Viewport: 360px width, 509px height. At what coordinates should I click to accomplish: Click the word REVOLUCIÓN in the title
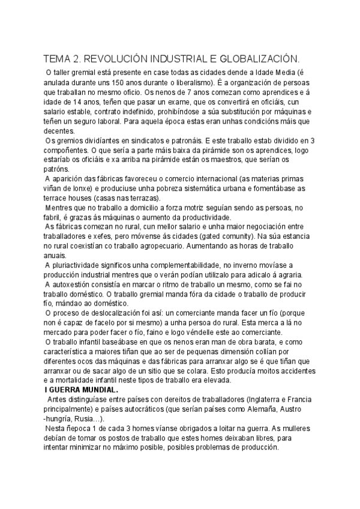click(112, 59)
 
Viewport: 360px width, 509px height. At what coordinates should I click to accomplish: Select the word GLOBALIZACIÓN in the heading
click(259, 59)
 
